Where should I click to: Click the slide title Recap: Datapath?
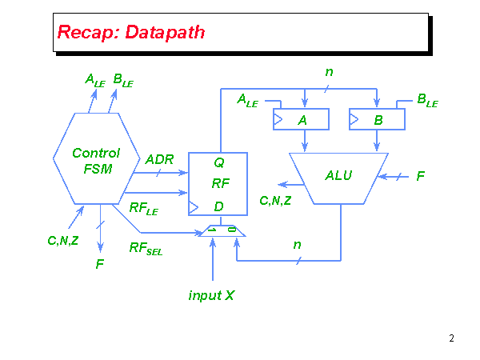[130, 33]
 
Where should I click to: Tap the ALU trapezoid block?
[339, 175]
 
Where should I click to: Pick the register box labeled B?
[377, 118]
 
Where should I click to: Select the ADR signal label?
[159, 159]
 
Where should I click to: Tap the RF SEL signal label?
[146, 249]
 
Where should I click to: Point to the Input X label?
[211, 295]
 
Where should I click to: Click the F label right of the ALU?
[420, 175]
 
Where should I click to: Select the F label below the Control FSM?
[99, 262]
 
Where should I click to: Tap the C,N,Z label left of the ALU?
[275, 200]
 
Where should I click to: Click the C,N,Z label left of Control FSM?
[62, 238]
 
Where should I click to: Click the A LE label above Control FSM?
[95, 79]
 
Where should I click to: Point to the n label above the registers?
[329, 72]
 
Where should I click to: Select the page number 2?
[451, 338]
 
